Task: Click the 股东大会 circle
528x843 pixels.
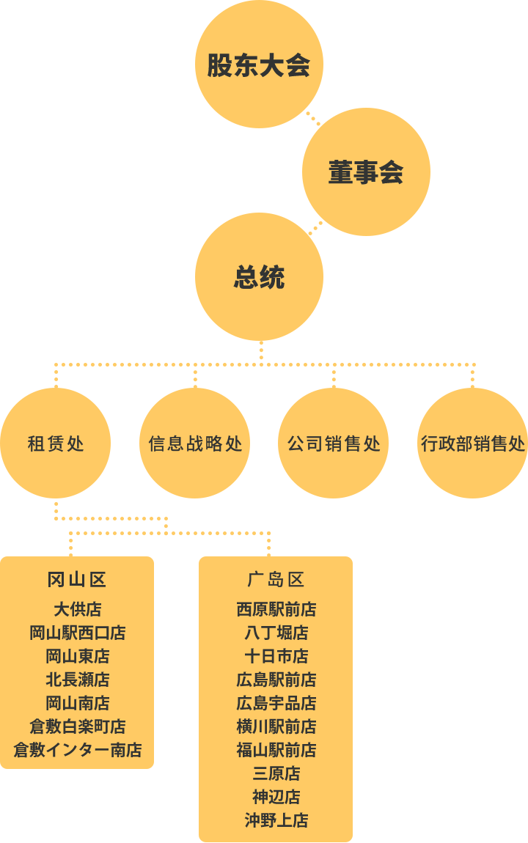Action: pos(259,64)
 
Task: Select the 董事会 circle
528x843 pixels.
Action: pos(366,172)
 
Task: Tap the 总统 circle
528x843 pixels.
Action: pos(259,276)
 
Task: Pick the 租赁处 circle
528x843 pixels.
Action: pos(56,443)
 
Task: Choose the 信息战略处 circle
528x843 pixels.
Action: pos(194,443)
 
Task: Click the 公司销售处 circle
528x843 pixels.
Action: pos(334,443)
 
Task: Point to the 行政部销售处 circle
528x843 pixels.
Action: pos(472,443)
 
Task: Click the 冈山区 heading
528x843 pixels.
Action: pos(77,580)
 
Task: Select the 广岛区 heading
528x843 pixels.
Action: pos(276,580)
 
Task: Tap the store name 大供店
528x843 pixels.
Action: pos(78,609)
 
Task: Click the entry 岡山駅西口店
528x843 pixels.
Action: pos(78,633)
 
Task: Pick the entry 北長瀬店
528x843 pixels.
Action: pos(78,680)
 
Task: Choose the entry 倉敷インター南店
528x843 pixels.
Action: pos(78,749)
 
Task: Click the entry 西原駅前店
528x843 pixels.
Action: pos(276,609)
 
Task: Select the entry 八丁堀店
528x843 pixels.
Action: pos(276,633)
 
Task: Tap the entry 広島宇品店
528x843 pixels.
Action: pos(276,703)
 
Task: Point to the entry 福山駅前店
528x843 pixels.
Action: pos(276,749)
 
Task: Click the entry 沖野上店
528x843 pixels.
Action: pos(276,820)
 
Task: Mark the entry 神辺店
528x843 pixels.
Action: pos(276,796)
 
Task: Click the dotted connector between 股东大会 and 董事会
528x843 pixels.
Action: pos(313,119)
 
